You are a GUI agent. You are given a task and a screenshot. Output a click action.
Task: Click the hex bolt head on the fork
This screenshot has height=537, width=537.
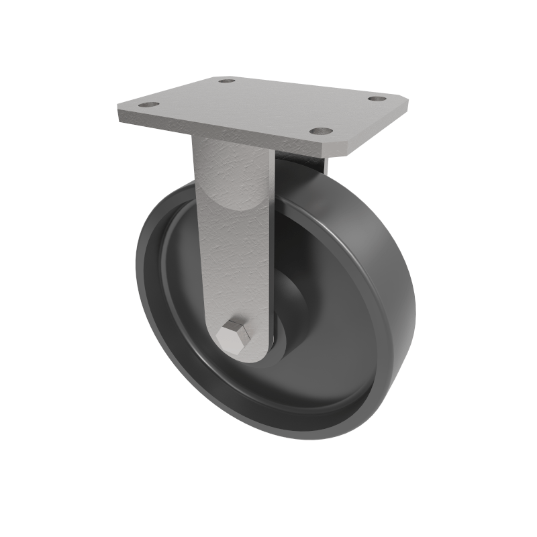tap(236, 335)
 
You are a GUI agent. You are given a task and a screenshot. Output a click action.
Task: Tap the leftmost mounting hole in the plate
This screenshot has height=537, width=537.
tap(147, 105)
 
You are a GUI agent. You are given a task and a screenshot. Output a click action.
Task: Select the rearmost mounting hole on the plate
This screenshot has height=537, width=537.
tap(227, 81)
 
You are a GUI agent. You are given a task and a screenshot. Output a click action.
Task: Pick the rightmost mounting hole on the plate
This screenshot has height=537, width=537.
tap(378, 99)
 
